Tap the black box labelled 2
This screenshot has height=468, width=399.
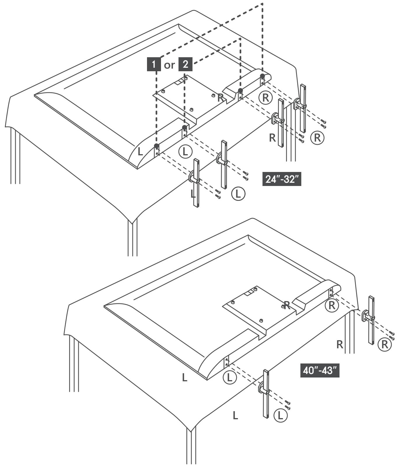point(185,65)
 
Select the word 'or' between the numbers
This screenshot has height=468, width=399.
point(169,65)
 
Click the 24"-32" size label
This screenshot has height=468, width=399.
point(282,179)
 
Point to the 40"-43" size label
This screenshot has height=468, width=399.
point(320,370)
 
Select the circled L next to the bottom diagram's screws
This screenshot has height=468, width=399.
point(281,415)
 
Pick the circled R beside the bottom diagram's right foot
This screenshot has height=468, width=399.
point(384,345)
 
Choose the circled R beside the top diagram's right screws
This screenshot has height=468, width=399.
point(317,137)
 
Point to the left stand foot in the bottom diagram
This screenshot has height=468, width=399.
point(265,394)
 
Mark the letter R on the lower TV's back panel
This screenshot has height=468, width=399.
point(287,305)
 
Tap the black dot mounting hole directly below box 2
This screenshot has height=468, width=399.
point(184,127)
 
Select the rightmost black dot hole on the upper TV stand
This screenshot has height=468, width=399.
point(262,76)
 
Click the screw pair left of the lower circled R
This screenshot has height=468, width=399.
point(393,336)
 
